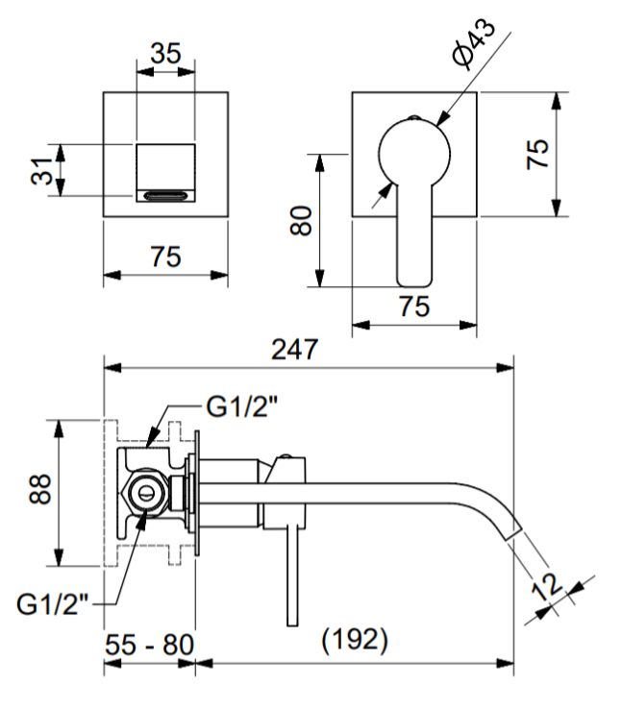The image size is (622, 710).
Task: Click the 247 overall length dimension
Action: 294,350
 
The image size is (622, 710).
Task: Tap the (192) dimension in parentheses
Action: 355,640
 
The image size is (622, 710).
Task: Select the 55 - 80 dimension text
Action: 150,645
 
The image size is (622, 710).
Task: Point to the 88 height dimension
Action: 39,489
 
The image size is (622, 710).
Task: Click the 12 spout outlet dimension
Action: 547,586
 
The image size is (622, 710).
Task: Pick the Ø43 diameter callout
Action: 474,44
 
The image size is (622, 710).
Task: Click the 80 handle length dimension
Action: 301,221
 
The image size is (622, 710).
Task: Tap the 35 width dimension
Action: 165,54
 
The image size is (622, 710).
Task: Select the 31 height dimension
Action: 41,171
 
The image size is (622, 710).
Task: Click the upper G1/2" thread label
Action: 241,406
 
